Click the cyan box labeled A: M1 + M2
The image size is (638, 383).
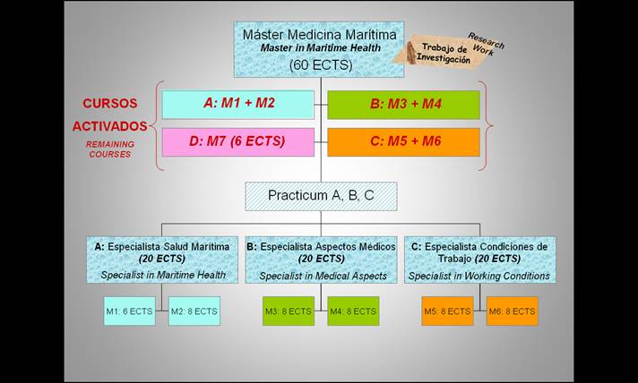point(238,104)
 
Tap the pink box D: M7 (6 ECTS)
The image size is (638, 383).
point(238,141)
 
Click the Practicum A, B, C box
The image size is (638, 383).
point(321,195)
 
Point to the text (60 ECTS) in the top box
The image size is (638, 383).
point(320,64)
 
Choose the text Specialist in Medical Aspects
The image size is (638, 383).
point(323,276)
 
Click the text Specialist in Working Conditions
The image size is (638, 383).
point(479,276)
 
